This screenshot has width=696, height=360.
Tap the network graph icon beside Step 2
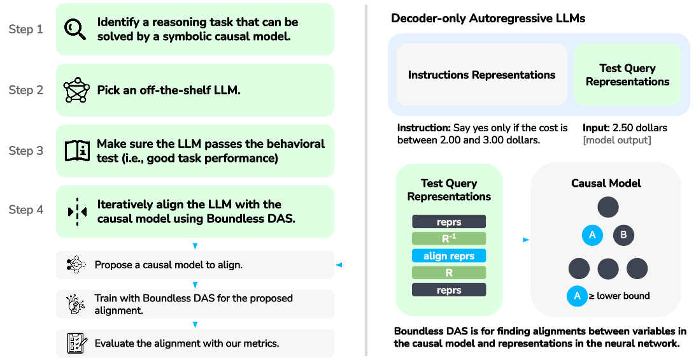[x=76, y=90]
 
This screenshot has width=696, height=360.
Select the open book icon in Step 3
[x=77, y=151]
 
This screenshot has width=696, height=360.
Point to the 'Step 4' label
[x=26, y=210]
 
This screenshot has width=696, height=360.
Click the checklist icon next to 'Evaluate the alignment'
[x=76, y=343]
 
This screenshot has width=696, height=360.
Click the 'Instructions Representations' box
[x=481, y=75]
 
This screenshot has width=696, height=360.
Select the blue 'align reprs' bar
[x=449, y=256]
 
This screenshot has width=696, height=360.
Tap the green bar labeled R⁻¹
[x=449, y=239]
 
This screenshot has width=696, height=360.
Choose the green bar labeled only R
[x=449, y=273]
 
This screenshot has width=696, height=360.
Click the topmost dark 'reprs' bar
[x=449, y=222]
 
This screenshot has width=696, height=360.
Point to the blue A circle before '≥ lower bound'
[x=577, y=296]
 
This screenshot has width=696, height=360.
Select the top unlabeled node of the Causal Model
[x=607, y=206]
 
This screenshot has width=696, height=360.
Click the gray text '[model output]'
[x=617, y=140]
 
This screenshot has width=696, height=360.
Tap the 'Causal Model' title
[x=606, y=184]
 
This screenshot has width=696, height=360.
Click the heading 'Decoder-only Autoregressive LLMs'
[x=488, y=18]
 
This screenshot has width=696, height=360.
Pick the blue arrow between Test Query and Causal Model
[x=525, y=240]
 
